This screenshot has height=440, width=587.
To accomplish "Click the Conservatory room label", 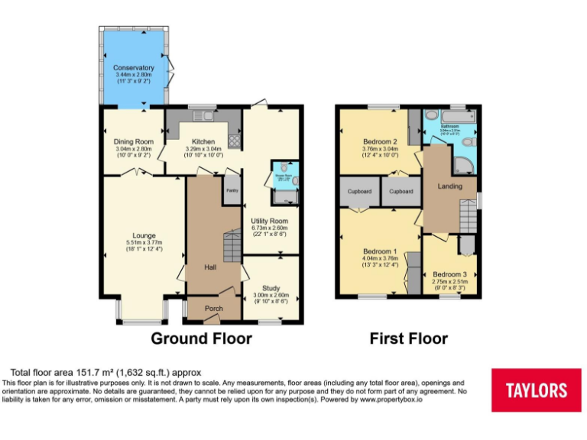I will coord(134,68).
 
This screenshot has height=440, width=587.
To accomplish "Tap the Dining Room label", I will coord(134,141).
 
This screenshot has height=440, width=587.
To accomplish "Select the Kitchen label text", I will coord(203,141).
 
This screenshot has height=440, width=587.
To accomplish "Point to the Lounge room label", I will coord(144,235).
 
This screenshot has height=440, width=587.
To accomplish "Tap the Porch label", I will coord(214,309).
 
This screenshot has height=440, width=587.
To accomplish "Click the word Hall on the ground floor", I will coord(210,267).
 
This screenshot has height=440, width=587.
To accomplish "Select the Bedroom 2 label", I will coord(380,142).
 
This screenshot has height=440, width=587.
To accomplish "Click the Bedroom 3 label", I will coord(449,274).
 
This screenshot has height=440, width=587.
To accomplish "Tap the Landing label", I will coord(449,186).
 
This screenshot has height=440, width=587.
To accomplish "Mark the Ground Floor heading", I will coord(201,338).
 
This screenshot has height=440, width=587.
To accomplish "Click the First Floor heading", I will coord(409,338).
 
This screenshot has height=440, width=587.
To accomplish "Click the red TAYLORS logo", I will coord(536,390).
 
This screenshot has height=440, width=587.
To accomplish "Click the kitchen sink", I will coord(203,117).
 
